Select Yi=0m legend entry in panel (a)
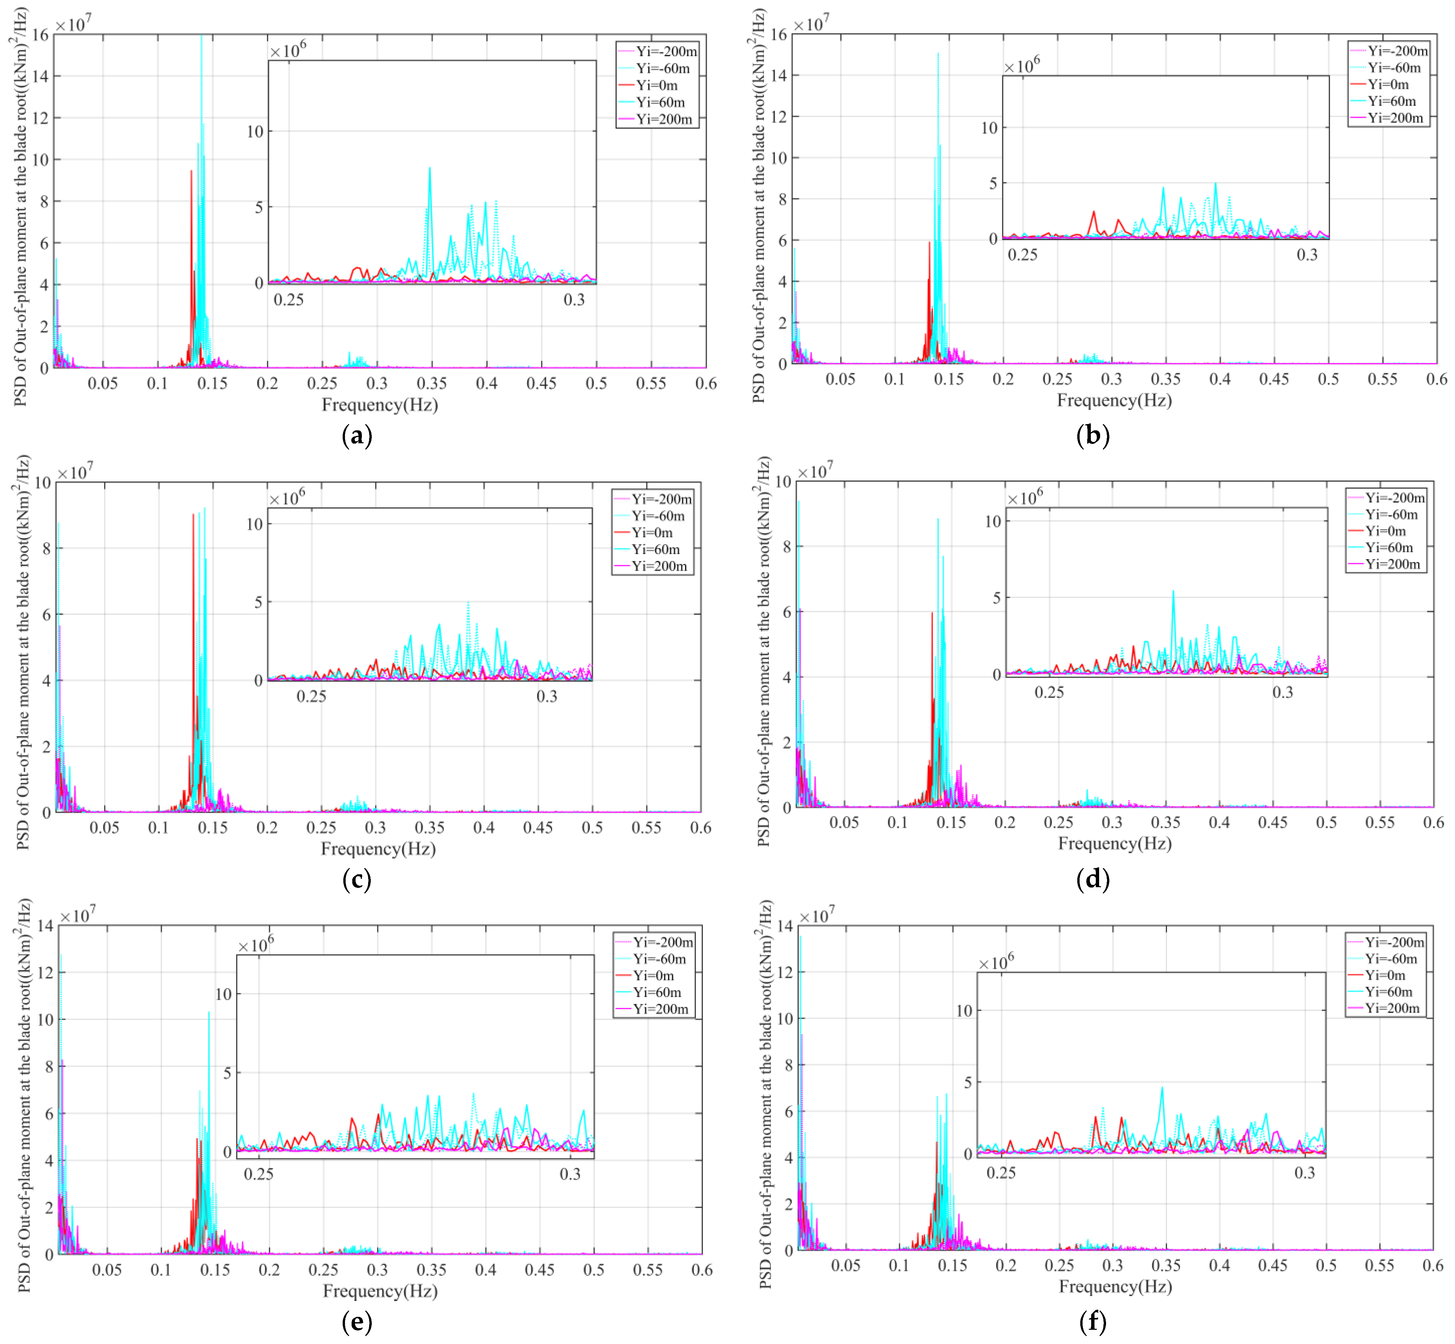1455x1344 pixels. (x=657, y=85)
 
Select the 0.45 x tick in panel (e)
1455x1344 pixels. (x=539, y=1270)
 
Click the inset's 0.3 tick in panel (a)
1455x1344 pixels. (x=574, y=300)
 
